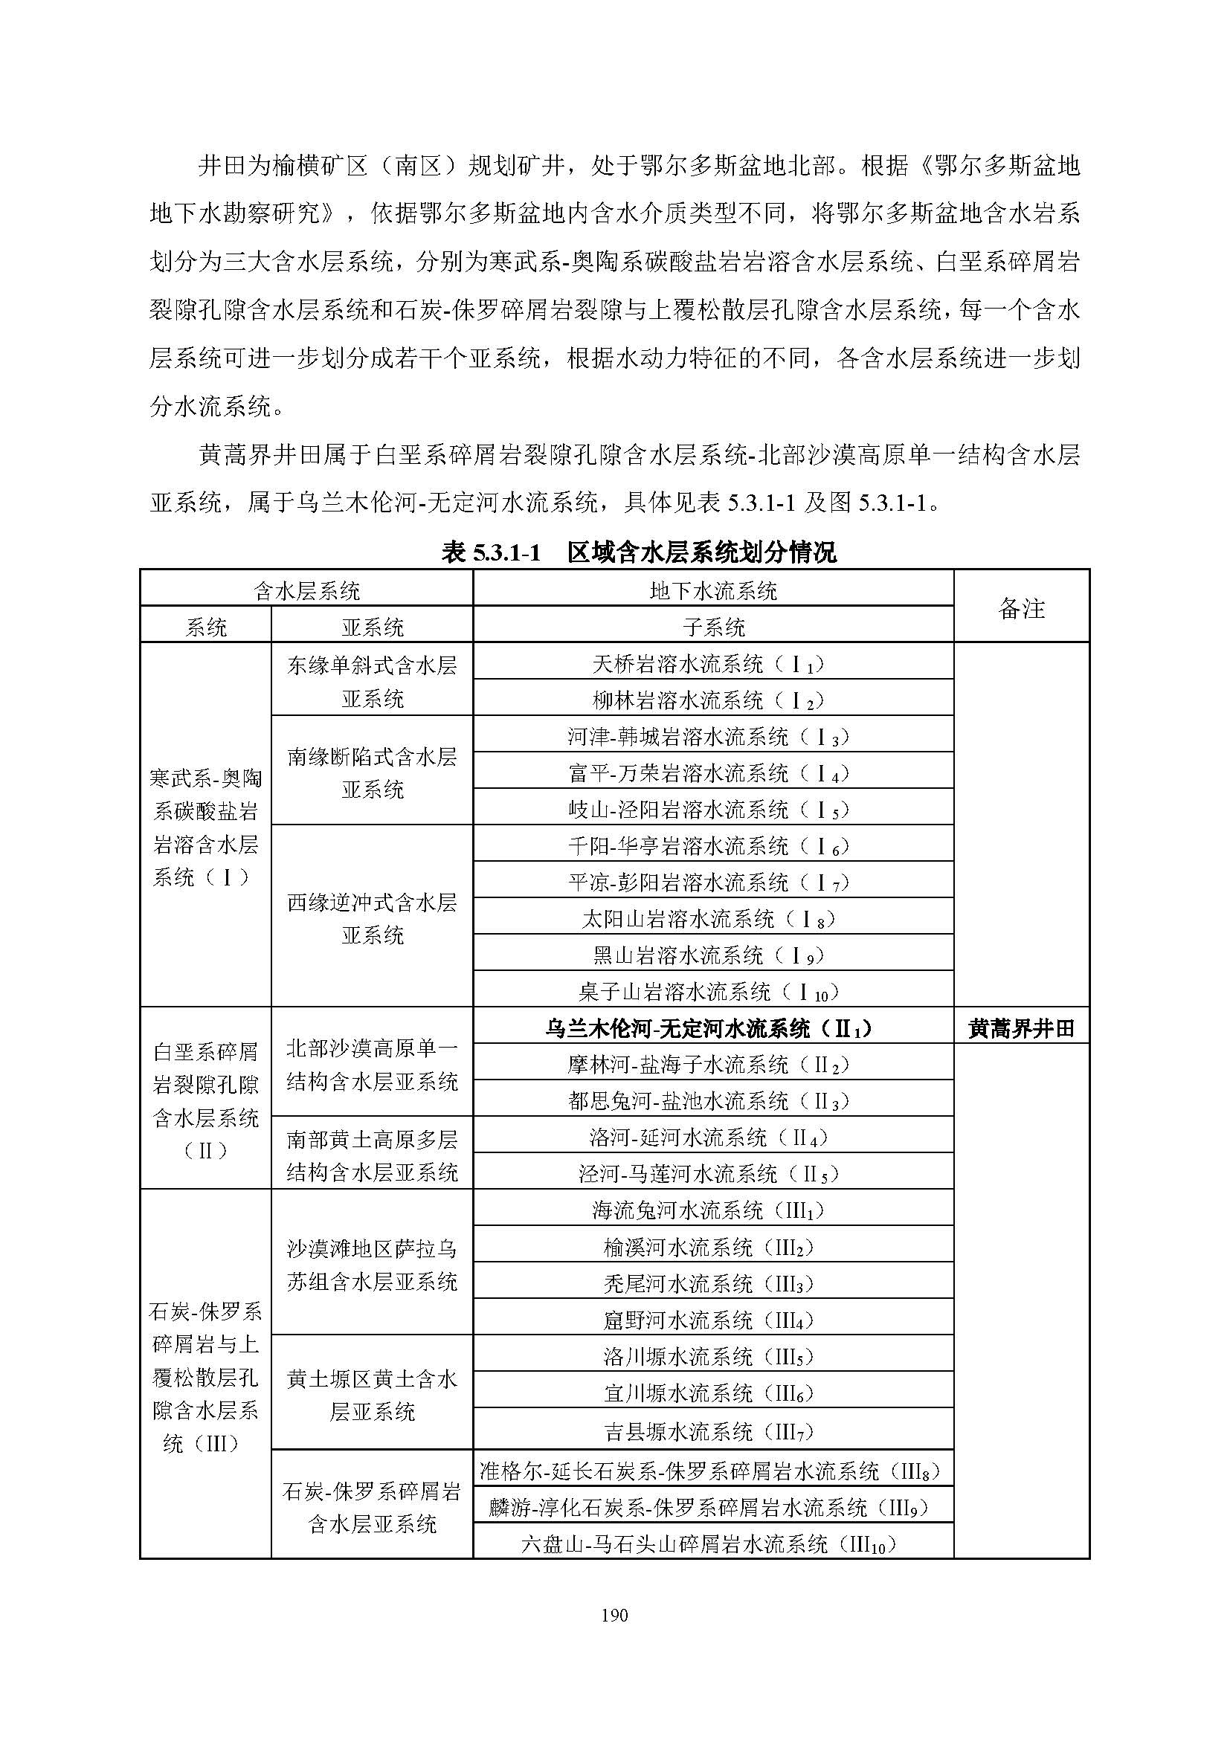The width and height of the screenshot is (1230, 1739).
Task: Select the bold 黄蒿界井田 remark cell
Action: (1021, 1027)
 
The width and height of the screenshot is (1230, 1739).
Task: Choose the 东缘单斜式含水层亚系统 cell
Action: (372, 681)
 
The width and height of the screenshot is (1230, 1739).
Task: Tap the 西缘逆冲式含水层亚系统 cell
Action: (372, 918)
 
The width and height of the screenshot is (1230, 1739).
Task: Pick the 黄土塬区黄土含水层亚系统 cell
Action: (372, 1394)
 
